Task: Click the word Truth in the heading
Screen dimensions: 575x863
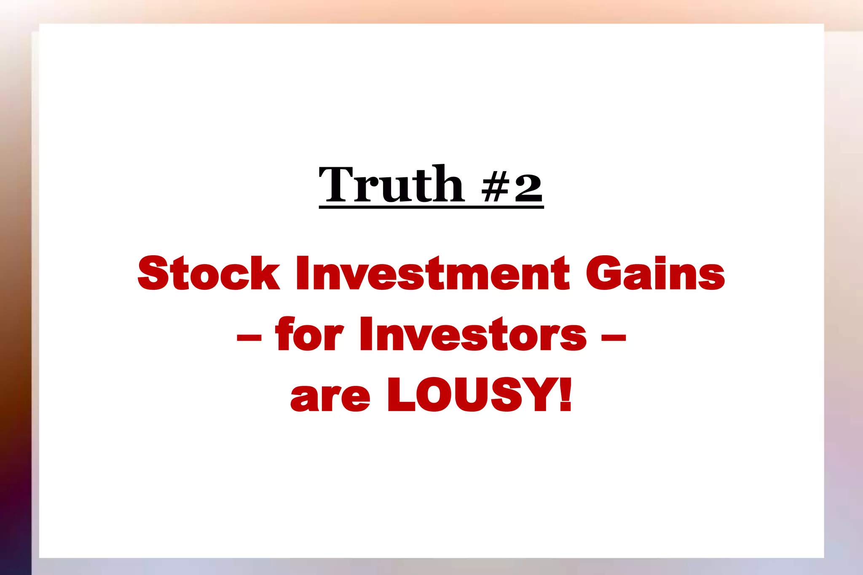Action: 391,185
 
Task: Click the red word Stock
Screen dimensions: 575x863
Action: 209,274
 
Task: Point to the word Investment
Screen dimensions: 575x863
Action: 433,274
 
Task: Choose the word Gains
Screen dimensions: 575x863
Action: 655,274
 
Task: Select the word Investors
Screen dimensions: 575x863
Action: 473,334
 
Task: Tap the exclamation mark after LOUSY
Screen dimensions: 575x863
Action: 565,395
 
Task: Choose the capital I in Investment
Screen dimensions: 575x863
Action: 302,274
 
